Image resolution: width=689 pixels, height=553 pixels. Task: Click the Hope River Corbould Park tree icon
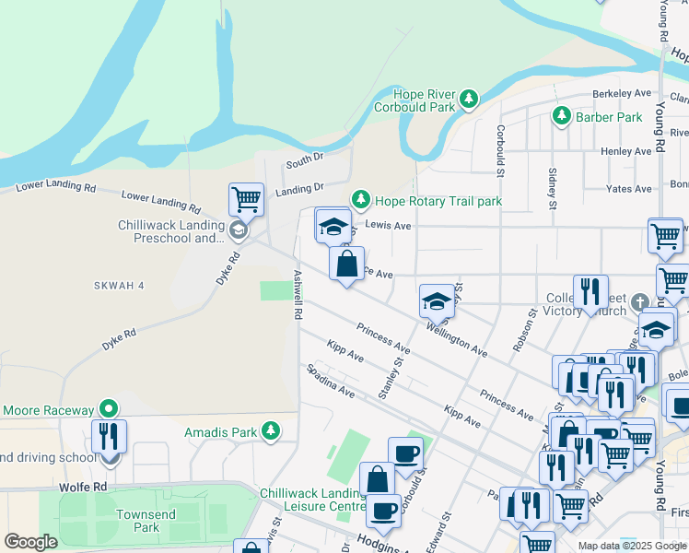tap(469, 98)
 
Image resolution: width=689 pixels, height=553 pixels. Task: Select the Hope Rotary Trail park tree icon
tap(360, 200)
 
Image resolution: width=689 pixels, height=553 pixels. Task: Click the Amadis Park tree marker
tap(270, 430)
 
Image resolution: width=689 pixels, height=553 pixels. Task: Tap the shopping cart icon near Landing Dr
tap(246, 197)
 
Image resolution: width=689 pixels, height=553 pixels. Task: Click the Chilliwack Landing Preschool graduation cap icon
tap(238, 230)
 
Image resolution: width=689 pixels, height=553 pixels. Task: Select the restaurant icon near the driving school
tap(109, 436)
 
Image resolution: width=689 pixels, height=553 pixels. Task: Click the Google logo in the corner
tap(30, 542)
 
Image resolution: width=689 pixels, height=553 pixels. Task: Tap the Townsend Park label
tap(139, 521)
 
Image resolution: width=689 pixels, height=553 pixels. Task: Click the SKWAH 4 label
tap(119, 286)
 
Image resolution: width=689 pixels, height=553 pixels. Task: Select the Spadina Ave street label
tap(331, 380)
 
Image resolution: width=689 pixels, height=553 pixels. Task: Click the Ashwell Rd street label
tap(298, 295)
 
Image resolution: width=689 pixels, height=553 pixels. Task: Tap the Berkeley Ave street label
tap(622, 94)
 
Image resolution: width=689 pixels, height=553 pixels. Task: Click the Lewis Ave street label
tap(388, 224)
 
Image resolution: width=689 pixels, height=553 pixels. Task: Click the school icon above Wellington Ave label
tap(437, 300)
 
